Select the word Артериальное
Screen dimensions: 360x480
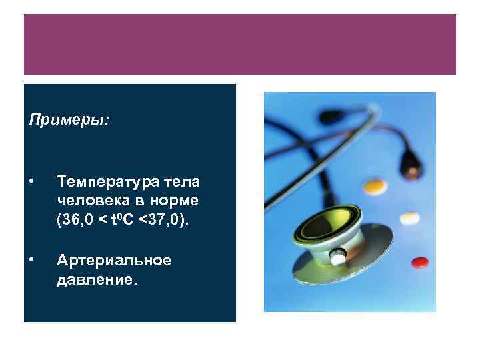[x=114, y=259]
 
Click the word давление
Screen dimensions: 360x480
[x=98, y=279]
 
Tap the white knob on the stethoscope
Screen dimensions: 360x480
[x=339, y=255]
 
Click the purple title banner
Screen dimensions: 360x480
[x=240, y=44]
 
